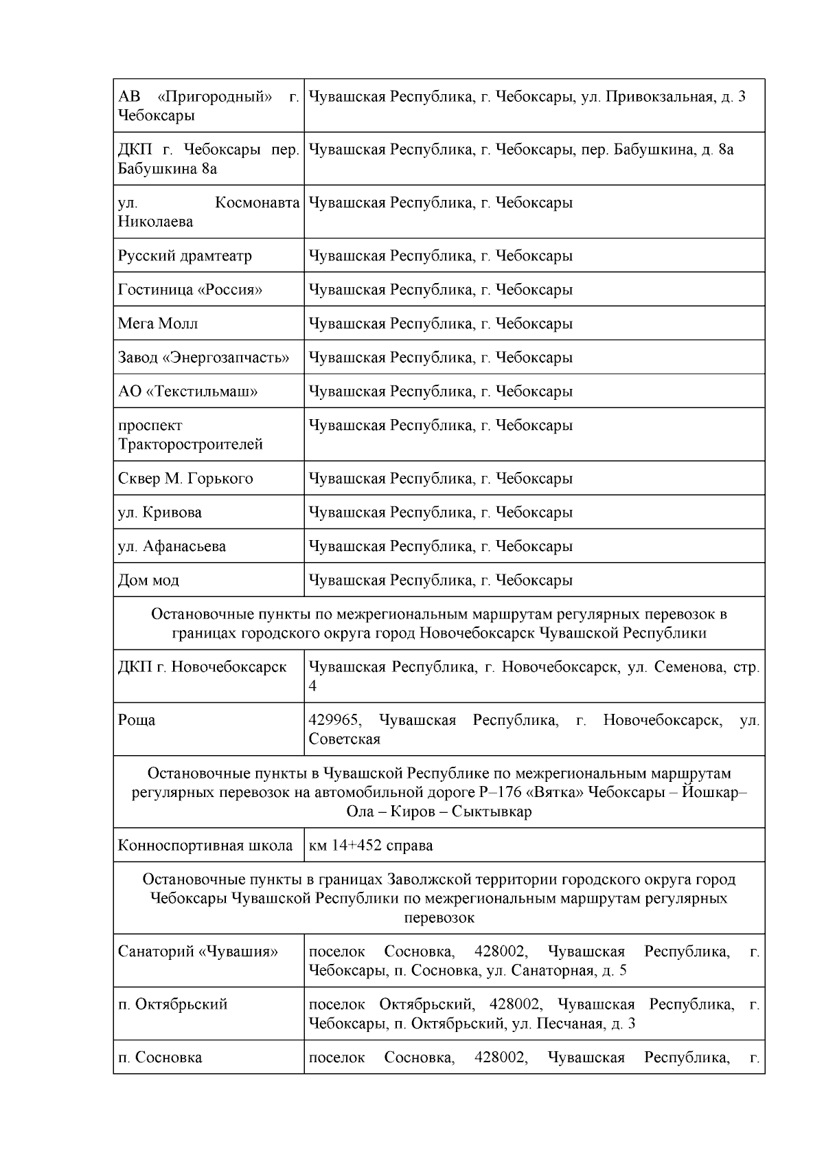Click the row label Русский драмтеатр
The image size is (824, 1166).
click(x=185, y=256)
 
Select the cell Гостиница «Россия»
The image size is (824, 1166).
click(x=190, y=289)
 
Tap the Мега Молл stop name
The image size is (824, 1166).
click(x=158, y=324)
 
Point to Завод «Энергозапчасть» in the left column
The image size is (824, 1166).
click(x=203, y=357)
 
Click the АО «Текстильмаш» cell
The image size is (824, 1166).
click(x=187, y=392)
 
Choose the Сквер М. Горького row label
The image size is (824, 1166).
click(x=185, y=479)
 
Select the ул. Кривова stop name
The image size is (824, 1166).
click(x=160, y=513)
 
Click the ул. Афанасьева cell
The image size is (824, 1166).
click(x=172, y=546)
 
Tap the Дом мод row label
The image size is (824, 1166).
click(x=148, y=581)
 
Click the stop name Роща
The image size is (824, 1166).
click(x=137, y=721)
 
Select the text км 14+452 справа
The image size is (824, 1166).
click(x=371, y=846)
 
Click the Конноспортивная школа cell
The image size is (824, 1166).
click(x=205, y=846)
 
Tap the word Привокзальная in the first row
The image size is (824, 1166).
click(x=661, y=97)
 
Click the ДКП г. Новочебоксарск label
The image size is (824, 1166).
click(x=202, y=667)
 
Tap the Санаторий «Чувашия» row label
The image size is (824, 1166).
click(x=198, y=952)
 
